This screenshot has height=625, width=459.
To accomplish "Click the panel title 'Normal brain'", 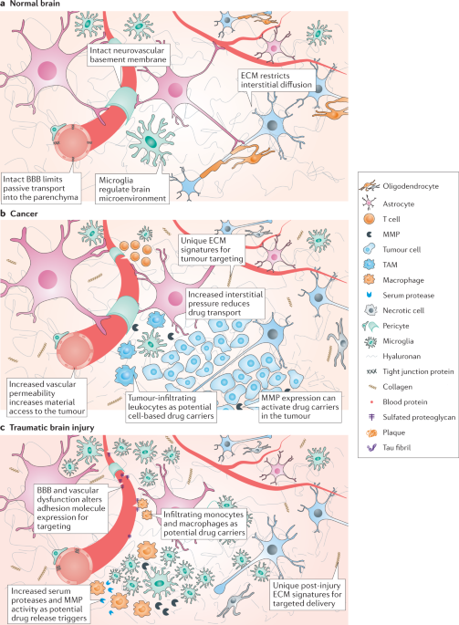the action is click(x=35, y=3).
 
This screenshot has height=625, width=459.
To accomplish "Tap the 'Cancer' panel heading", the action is click(x=24, y=214).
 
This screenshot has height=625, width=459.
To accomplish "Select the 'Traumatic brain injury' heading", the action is click(x=52, y=428).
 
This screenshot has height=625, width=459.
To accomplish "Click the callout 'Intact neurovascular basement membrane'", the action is click(x=128, y=55).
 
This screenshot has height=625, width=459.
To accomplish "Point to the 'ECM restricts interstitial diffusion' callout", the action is click(x=276, y=79).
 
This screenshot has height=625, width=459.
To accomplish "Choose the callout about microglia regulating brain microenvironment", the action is click(x=132, y=189).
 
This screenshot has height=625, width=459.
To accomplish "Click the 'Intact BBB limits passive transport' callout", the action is click(x=41, y=188).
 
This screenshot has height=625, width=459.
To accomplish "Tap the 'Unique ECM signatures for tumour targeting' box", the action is click(x=212, y=249).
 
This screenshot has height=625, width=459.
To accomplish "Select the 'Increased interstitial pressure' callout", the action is click(x=225, y=303).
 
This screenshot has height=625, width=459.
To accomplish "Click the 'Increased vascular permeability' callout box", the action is click(x=47, y=398).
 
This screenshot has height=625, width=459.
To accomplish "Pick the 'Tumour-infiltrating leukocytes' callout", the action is click(x=171, y=407).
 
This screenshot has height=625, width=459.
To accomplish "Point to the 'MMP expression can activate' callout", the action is click(x=300, y=407).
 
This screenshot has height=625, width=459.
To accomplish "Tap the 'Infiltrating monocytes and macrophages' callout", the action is click(x=203, y=524).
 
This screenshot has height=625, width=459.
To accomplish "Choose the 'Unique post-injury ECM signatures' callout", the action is click(x=307, y=594).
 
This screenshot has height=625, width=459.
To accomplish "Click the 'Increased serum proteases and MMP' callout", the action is click(x=48, y=604).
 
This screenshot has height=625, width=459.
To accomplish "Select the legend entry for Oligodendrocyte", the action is click(x=400, y=186).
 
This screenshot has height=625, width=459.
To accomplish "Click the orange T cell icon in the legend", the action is click(x=370, y=219).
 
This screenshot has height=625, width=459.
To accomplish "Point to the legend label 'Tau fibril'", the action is click(x=396, y=448).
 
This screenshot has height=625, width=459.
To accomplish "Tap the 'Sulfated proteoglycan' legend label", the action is click(x=419, y=417).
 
